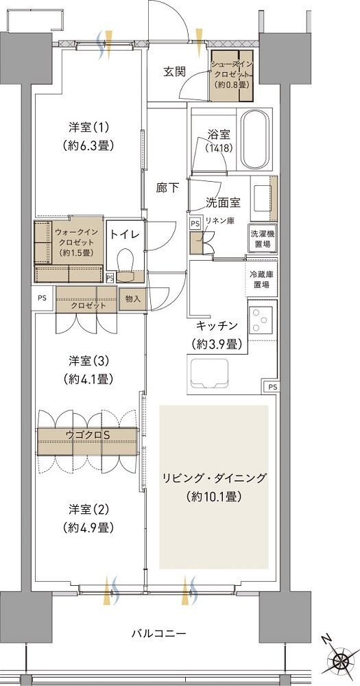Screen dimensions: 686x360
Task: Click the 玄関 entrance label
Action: [x=174, y=71]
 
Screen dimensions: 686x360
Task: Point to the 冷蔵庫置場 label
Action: [x=261, y=279]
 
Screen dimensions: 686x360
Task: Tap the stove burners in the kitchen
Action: [x=262, y=318]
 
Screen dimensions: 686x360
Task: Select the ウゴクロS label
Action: [x=88, y=435]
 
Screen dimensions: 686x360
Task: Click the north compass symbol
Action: [x=340, y=661]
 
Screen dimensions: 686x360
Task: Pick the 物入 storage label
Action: [x=132, y=298]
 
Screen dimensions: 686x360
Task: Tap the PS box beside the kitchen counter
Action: [x=272, y=387]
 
